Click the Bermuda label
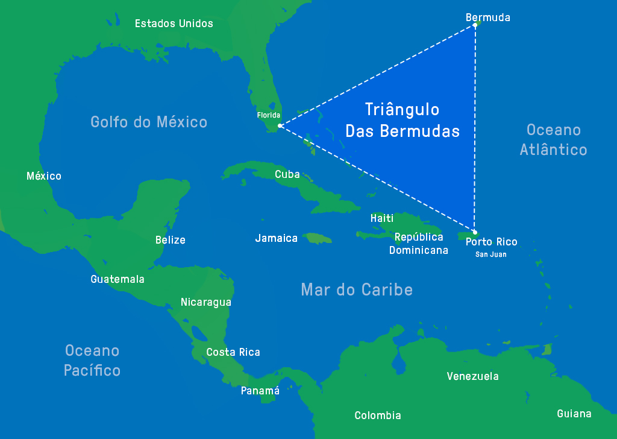tap(487, 17)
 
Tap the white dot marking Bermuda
tap(475, 25)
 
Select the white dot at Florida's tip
tap(280, 125)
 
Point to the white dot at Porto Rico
tap(475, 232)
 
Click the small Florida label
tap(269, 115)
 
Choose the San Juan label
tap(490, 254)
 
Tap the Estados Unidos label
tap(174, 24)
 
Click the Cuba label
tap(287, 174)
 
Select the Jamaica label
tap(276, 238)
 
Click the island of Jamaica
tap(317, 239)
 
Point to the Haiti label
tap(382, 218)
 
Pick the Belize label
tap(171, 240)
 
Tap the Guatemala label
tap(117, 279)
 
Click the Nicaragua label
tap(206, 302)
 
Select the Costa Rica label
tap(233, 352)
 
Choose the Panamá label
tap(260, 391)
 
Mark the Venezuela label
tap(472, 376)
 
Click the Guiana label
tap(574, 414)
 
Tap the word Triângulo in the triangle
tap(402, 109)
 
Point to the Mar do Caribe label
tap(357, 289)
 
